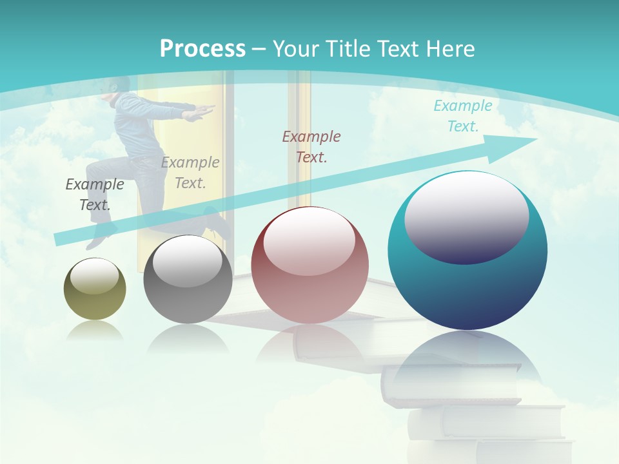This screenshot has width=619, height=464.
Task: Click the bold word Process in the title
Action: (x=202, y=48)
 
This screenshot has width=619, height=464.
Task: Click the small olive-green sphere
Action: (x=95, y=289)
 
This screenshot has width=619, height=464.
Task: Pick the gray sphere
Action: (x=188, y=280)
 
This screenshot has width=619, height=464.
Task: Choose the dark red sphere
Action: (x=309, y=266)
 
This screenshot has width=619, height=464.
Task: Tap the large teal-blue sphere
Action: (x=467, y=251)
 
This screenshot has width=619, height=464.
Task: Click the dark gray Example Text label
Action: (x=95, y=195)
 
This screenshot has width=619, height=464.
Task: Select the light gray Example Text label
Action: (x=190, y=173)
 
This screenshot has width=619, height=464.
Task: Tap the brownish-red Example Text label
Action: (x=311, y=146)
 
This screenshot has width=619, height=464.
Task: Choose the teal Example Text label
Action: (x=463, y=116)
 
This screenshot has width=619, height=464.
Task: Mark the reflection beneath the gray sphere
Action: (x=188, y=338)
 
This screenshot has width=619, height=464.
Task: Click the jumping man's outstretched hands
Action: (x=204, y=111)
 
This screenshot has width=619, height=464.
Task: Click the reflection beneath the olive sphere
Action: (x=95, y=330)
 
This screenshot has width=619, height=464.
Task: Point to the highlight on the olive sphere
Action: (x=95, y=276)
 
